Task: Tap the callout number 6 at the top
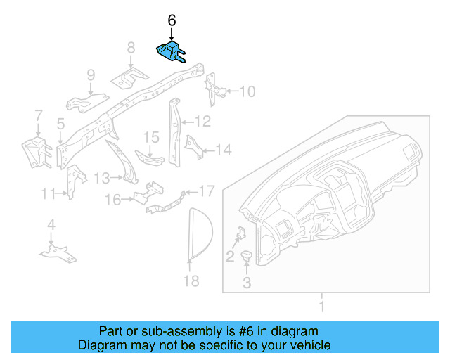point(172,20)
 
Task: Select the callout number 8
point(131,48)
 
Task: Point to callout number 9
point(91,75)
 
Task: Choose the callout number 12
point(202,122)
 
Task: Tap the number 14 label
point(223,149)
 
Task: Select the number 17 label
point(206,191)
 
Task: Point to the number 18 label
point(191,281)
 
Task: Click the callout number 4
point(51,225)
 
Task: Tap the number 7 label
point(38,115)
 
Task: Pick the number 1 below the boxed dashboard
point(322,306)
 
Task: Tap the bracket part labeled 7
point(34,151)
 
